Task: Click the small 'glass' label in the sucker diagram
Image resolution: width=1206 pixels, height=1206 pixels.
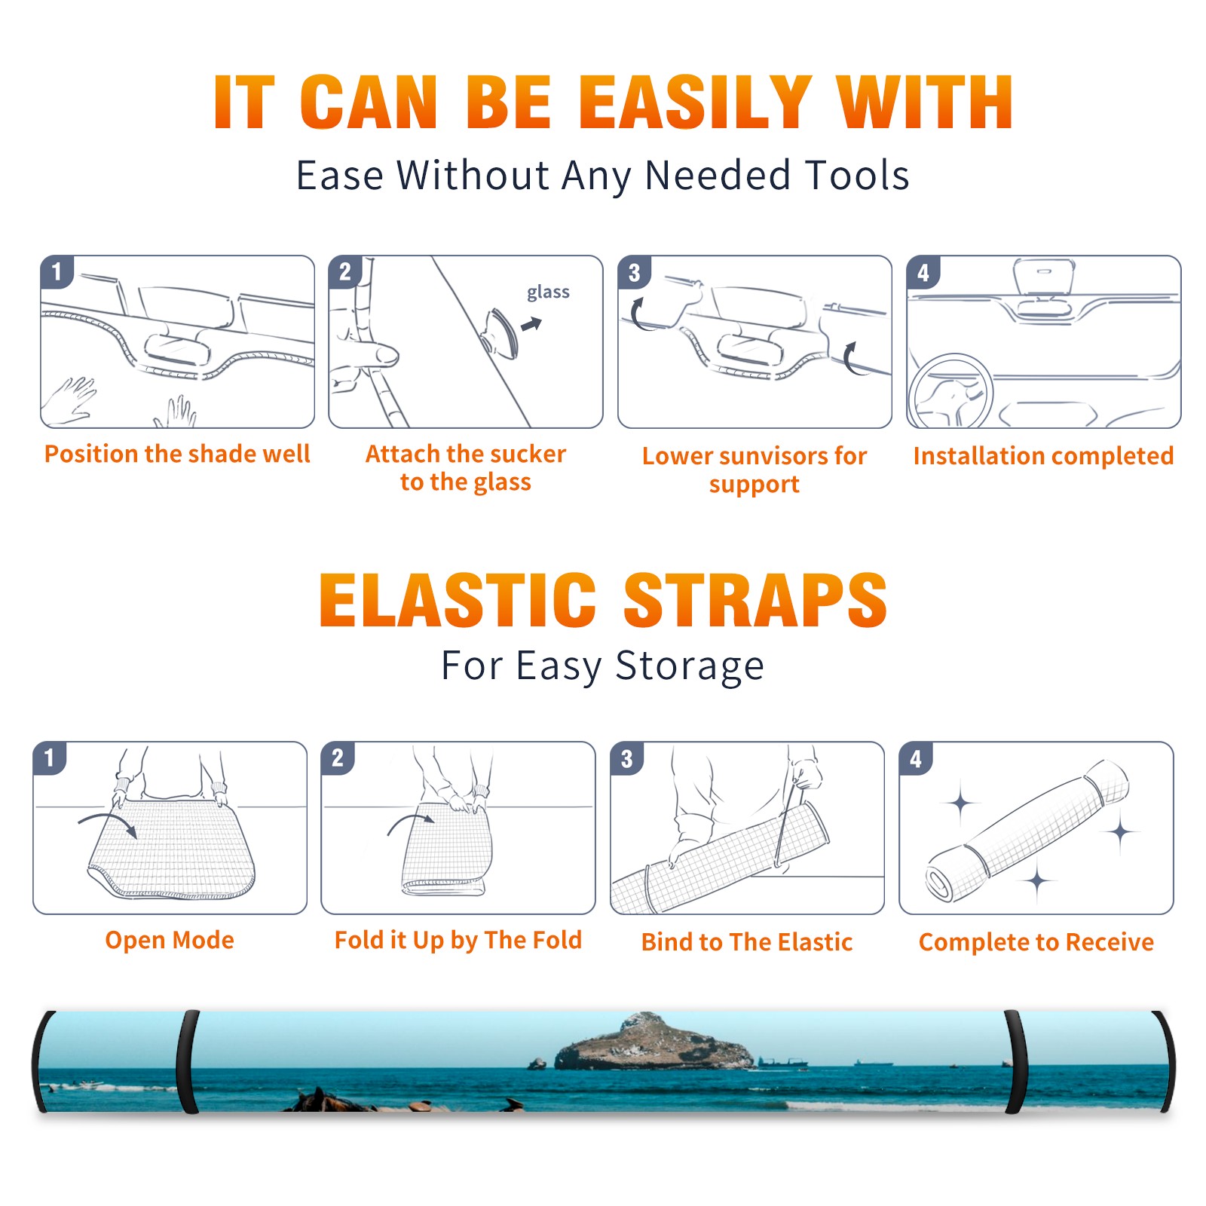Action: [548, 292]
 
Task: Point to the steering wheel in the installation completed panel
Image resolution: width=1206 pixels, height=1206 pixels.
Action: [950, 391]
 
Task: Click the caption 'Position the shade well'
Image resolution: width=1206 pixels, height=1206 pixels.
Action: [177, 454]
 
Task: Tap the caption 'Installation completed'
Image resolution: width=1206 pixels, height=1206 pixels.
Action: [1043, 455]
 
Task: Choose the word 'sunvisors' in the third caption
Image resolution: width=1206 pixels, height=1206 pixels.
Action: [773, 456]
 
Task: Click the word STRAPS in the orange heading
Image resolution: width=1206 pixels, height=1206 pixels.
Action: [755, 600]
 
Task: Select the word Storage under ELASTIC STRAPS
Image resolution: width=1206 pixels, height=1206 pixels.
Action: [690, 666]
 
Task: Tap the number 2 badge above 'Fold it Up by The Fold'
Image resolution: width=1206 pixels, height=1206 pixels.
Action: [338, 758]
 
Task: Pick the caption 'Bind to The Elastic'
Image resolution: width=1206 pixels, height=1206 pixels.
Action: [746, 941]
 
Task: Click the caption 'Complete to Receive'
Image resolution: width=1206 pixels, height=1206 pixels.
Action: [1036, 942]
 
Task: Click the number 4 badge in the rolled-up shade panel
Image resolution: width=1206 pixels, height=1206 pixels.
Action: [916, 758]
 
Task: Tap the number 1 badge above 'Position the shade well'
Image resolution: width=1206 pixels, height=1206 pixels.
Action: [57, 271]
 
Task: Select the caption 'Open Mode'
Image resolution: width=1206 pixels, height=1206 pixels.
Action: [170, 940]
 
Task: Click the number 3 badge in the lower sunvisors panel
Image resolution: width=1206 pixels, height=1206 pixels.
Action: [634, 272]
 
